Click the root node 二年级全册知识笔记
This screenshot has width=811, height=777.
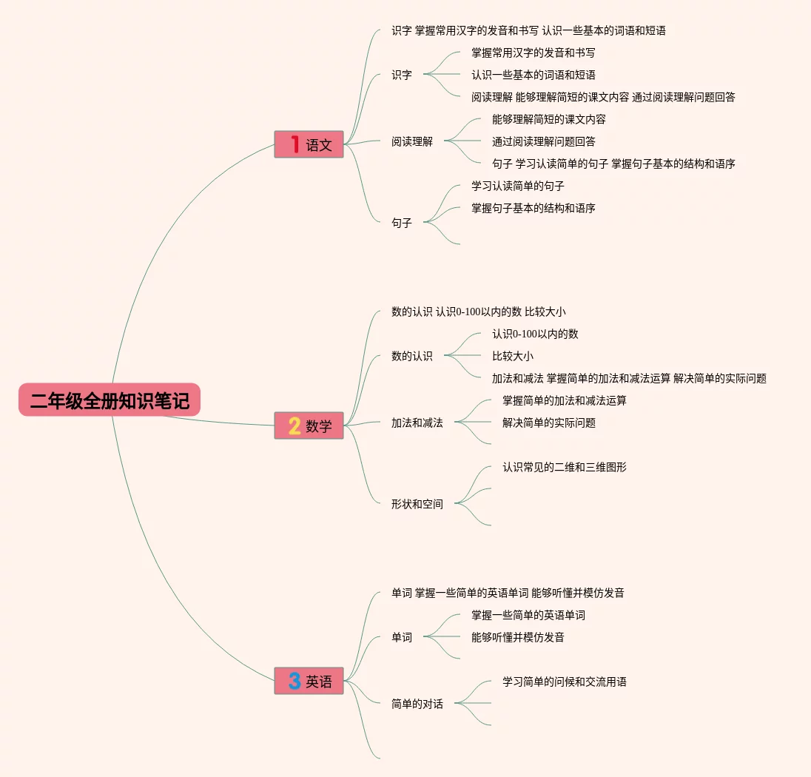(110, 400)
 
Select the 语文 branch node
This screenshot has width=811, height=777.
(309, 144)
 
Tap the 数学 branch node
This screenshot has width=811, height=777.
(309, 425)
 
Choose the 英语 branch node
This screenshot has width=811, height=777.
(309, 681)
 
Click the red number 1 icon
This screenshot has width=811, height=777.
(294, 144)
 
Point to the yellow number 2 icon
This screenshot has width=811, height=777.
(294, 425)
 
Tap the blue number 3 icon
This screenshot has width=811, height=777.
(294, 681)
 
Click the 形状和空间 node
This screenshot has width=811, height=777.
(417, 504)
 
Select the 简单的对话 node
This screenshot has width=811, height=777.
(417, 704)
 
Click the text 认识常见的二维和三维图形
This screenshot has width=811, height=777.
(564, 467)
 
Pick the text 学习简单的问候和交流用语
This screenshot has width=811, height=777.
(564, 682)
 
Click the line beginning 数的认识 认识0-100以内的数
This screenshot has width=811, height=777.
(478, 312)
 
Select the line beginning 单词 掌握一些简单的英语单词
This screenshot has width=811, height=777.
(508, 593)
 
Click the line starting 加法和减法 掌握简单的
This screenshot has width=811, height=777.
(629, 378)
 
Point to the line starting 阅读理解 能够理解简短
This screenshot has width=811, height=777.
(603, 97)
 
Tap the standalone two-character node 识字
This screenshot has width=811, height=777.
(402, 75)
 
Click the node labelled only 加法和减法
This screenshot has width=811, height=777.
(417, 423)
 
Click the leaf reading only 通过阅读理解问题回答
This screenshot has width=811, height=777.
(543, 141)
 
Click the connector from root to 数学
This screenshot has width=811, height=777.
(222, 421)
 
